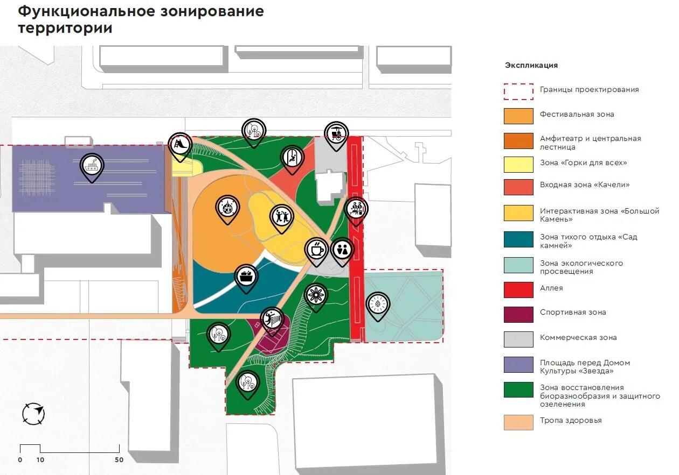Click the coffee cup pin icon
click(x=316, y=250)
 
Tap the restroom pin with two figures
click(x=342, y=250)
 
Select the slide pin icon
click(x=180, y=144)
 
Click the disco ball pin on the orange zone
click(x=228, y=207)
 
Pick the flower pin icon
click(x=316, y=295)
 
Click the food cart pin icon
click(x=336, y=133)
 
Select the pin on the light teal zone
click(x=378, y=304)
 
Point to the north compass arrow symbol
click(x=33, y=414)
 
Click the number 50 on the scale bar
click(x=119, y=460)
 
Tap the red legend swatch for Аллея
click(x=518, y=289)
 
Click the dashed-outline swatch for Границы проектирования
click(x=518, y=91)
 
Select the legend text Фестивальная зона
click(x=577, y=114)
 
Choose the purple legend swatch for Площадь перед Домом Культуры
click(x=518, y=365)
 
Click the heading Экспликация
click(x=531, y=65)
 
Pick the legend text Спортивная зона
click(x=573, y=312)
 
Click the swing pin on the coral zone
click(x=292, y=157)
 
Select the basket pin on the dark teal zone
click(x=246, y=277)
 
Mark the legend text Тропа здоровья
click(x=571, y=420)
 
